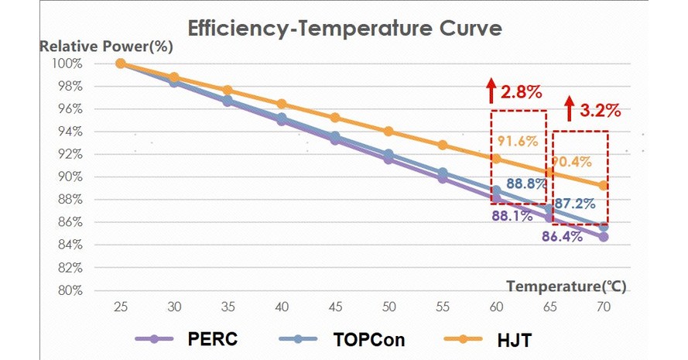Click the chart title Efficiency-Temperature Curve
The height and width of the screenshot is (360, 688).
tap(345, 29)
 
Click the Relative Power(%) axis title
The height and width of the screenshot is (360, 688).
tap(106, 46)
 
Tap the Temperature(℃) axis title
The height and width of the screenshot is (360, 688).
tap(566, 286)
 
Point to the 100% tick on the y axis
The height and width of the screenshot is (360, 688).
tap(67, 63)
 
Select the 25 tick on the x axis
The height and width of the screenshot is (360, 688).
tap(120, 307)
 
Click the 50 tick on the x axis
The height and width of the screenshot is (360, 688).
tap(388, 307)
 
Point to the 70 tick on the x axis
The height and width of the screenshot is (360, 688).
tap(603, 307)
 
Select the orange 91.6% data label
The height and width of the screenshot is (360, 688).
tap(512, 141)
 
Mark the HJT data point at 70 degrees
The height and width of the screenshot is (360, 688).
tap(603, 186)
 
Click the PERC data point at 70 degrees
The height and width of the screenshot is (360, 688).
tap(603, 237)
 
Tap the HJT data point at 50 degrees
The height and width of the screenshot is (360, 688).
tap(388, 132)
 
